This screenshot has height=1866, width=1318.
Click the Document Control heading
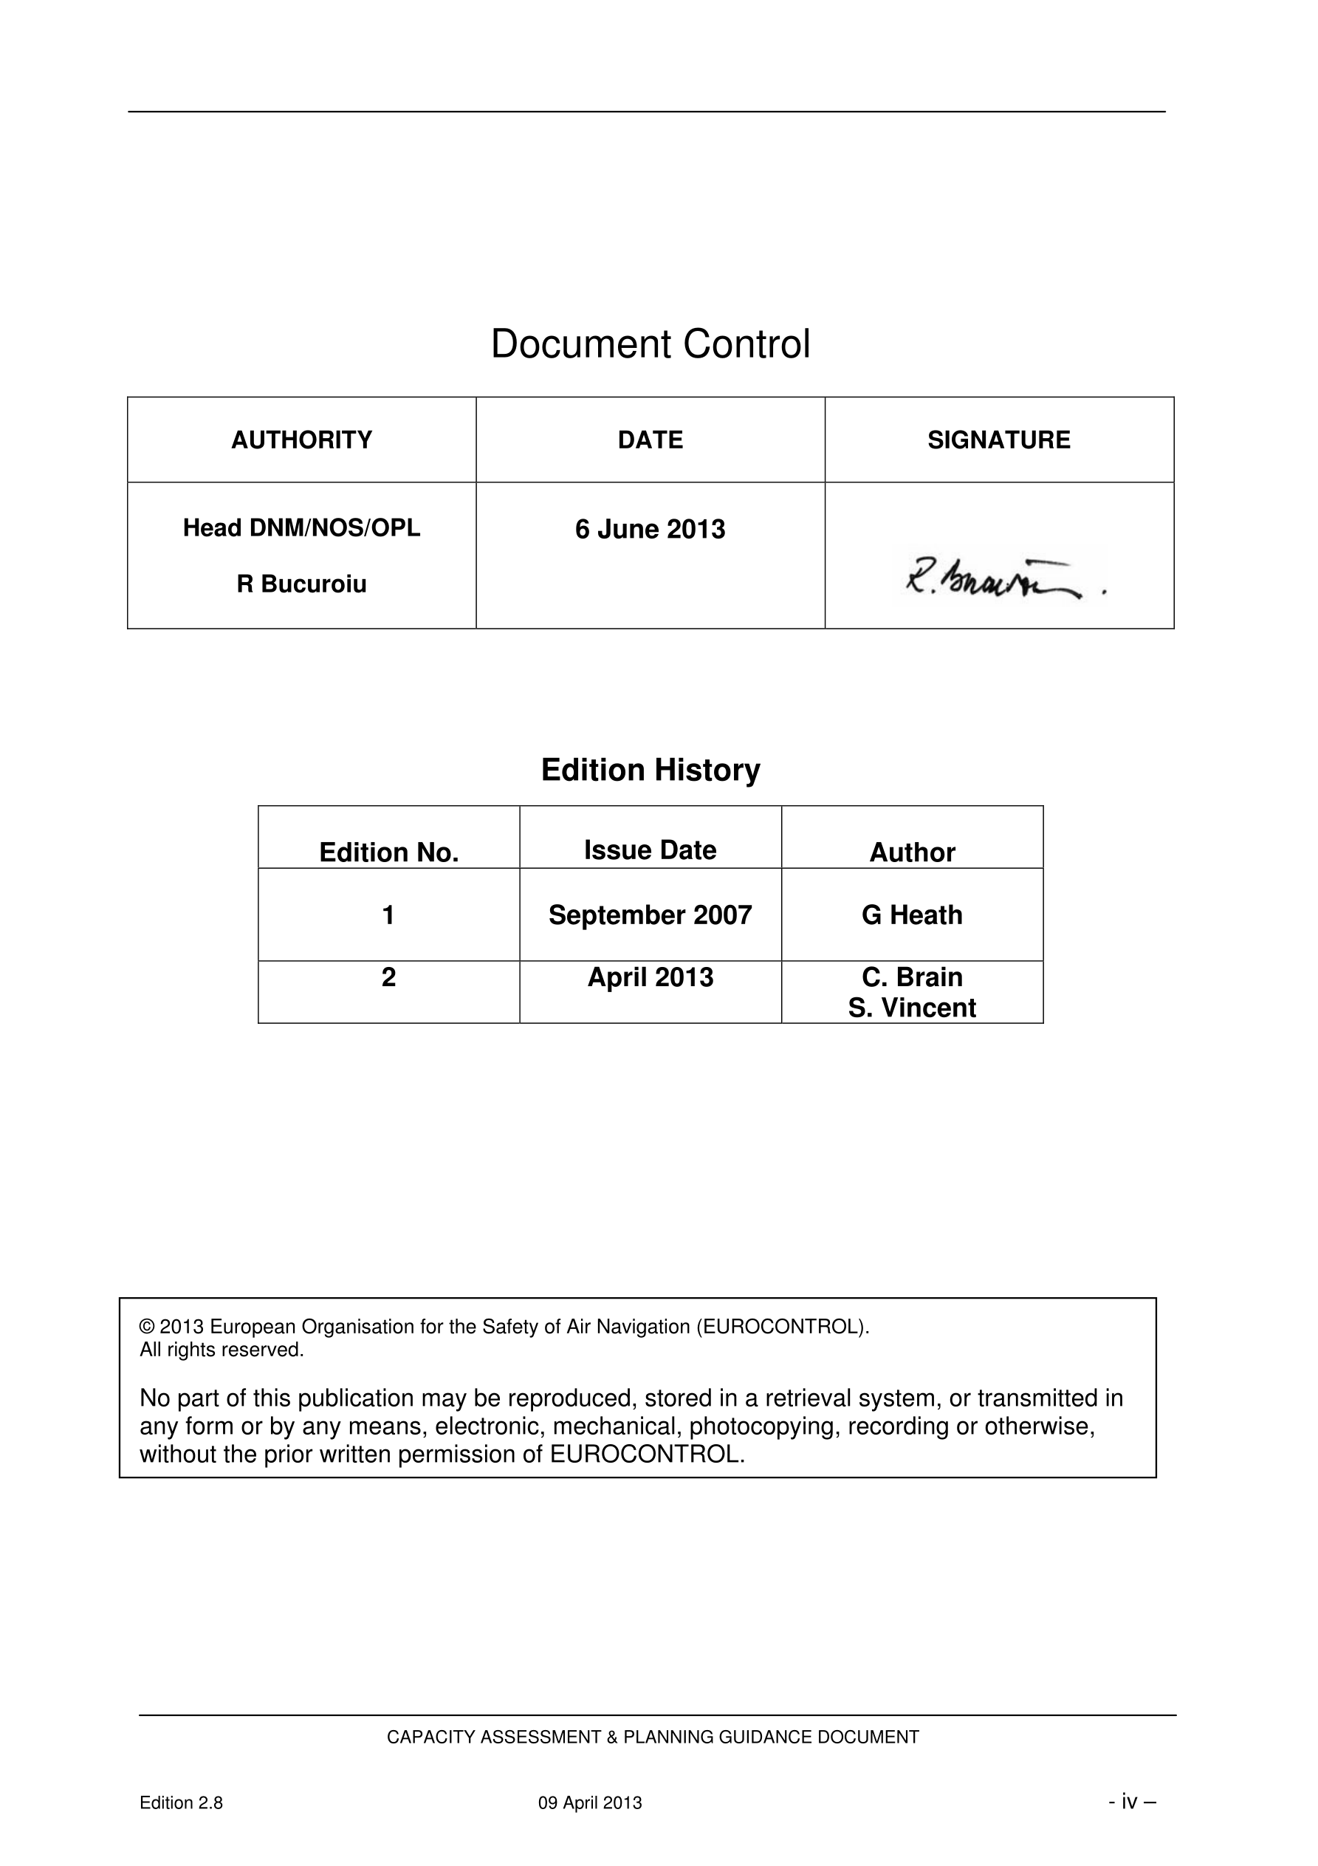(650, 344)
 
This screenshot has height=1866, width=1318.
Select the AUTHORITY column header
(301, 440)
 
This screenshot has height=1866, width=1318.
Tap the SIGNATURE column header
(999, 440)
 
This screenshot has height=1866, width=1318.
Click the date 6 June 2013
(650, 529)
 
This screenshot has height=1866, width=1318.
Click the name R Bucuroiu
(301, 584)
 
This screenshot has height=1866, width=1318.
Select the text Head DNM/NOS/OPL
(301, 527)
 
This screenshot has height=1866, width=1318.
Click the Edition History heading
(650, 770)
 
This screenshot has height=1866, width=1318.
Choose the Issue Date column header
(650, 850)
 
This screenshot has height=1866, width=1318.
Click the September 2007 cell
(650, 915)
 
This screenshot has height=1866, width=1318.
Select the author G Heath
(912, 915)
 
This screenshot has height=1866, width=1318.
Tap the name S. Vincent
(912, 1008)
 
